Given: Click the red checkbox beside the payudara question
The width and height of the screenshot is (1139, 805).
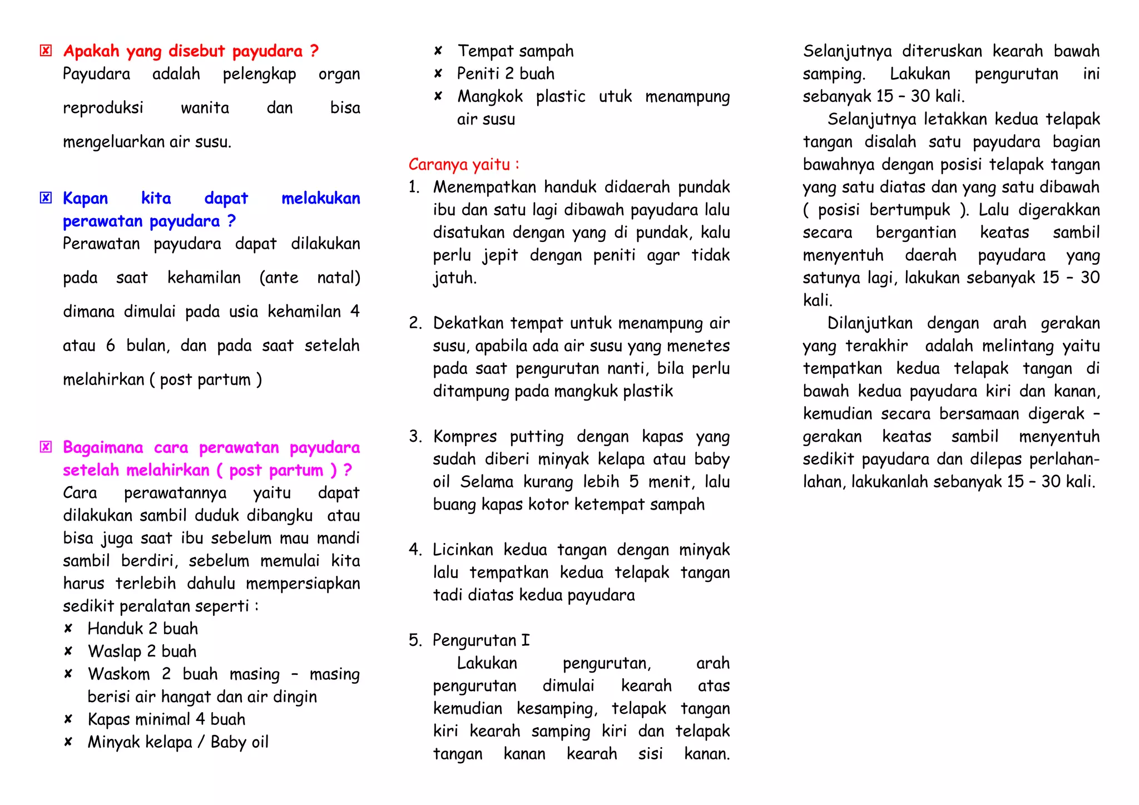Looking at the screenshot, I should click(46, 51).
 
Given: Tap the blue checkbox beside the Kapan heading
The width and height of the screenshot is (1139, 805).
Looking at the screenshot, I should click(46, 198).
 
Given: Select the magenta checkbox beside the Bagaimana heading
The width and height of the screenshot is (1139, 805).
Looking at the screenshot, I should click(46, 447).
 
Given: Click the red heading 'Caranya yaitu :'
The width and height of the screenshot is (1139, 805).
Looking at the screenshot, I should click(464, 165).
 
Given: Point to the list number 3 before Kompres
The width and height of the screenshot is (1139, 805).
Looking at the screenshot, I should click(415, 437).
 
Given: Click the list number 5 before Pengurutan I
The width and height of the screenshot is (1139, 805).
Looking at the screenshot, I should click(415, 640).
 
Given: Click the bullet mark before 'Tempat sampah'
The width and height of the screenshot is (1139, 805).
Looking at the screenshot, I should click(438, 51).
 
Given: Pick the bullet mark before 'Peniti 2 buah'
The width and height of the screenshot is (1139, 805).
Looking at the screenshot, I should click(438, 73).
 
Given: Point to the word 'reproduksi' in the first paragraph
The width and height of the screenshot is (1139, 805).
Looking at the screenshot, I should click(103, 108).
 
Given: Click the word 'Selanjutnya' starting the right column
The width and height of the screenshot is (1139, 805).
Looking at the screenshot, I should click(847, 51).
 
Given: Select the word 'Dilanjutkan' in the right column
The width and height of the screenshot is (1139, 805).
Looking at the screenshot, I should click(870, 323).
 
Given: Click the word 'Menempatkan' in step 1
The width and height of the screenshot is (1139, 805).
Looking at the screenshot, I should click(482, 187).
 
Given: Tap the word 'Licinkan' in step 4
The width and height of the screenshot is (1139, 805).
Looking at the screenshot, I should click(463, 550).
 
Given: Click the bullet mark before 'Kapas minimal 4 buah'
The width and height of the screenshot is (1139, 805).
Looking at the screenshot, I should click(68, 719).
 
